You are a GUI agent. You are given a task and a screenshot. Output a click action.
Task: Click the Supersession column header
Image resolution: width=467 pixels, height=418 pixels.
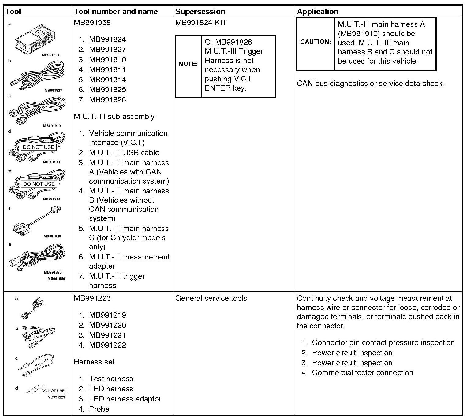click(200, 12)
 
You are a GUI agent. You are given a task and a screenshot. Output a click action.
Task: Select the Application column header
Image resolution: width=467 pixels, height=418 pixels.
click(318, 12)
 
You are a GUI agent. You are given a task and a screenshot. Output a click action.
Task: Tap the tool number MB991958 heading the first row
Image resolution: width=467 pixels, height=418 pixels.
click(92, 23)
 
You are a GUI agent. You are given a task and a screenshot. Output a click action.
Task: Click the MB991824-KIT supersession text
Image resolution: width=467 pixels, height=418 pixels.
click(201, 23)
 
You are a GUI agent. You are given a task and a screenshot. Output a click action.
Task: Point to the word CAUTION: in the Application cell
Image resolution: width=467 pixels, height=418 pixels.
click(316, 42)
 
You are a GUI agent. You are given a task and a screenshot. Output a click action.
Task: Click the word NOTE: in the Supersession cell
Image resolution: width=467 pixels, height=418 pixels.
click(188, 64)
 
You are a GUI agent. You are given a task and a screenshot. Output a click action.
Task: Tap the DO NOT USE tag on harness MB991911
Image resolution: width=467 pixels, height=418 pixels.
click(39, 147)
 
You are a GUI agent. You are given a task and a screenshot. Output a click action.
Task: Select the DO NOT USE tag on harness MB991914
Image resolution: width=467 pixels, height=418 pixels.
click(39, 184)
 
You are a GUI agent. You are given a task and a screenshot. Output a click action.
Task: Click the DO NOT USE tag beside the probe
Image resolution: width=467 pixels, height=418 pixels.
click(53, 391)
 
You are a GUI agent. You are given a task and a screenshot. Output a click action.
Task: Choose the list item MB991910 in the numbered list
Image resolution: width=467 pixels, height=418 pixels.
click(107, 60)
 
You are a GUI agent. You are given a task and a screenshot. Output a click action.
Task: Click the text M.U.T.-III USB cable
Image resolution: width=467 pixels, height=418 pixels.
click(124, 153)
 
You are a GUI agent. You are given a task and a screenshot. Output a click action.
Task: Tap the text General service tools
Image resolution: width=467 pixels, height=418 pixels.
click(211, 298)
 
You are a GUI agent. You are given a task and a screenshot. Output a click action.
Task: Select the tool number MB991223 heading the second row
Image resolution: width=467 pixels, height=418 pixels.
click(92, 298)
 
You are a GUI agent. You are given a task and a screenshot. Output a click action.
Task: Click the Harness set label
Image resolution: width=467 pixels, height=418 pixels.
click(94, 362)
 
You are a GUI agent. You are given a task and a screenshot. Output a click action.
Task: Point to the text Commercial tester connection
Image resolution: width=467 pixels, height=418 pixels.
click(362, 373)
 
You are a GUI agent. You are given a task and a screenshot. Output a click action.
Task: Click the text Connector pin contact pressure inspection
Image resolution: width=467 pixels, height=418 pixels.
click(383, 343)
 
